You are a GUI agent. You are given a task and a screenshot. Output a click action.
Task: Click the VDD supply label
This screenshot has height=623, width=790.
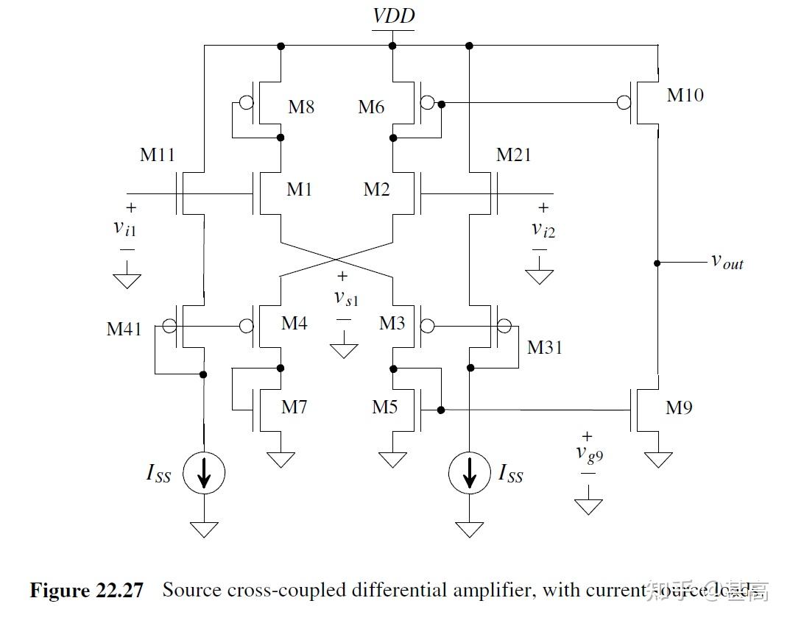[x=393, y=16]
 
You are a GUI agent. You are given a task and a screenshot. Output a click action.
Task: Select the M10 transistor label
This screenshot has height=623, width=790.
[x=685, y=95]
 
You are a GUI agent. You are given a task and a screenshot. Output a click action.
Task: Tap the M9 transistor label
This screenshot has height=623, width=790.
[x=679, y=407]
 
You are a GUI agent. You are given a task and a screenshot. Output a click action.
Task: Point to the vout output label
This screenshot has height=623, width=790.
[x=727, y=261]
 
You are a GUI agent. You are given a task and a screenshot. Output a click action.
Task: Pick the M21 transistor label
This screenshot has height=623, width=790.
[x=513, y=155]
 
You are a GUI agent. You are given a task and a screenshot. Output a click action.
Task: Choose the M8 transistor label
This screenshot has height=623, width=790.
[x=301, y=107]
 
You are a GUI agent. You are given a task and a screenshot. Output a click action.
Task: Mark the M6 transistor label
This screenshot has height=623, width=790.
[x=371, y=107]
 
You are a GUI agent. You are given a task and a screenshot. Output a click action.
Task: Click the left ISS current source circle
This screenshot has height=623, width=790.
[x=204, y=473]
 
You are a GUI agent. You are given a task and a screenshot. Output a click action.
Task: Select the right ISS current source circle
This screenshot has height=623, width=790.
[x=469, y=473]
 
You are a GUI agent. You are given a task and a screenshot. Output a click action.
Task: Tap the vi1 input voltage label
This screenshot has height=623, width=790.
[x=124, y=228]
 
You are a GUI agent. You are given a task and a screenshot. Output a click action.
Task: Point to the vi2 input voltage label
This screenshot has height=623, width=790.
[x=543, y=229]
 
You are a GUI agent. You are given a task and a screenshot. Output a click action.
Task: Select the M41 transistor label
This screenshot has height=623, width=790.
[x=124, y=328]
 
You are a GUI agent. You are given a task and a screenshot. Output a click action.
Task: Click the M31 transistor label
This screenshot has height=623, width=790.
[x=544, y=347]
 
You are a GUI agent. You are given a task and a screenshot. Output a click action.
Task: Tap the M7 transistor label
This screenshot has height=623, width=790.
[x=294, y=407]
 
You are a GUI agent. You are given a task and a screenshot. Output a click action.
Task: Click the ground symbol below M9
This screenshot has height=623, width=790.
[x=657, y=459]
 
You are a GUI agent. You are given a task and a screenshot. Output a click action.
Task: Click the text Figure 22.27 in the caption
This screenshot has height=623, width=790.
[x=86, y=590]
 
